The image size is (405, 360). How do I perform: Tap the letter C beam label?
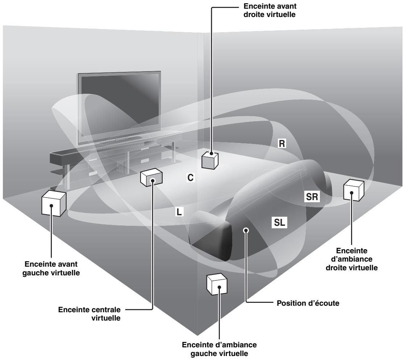[190, 178]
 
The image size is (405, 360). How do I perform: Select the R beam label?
[282, 144]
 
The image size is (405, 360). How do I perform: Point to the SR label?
[312, 197]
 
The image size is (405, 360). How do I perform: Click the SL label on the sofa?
[279, 222]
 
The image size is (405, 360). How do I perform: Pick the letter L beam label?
[179, 212]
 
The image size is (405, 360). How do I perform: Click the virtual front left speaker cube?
[54, 203]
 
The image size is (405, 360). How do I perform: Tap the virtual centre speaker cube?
[151, 177]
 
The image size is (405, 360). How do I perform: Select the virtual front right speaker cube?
[210, 160]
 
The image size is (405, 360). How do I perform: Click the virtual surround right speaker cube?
[354, 190]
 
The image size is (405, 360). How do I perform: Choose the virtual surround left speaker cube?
[217, 284]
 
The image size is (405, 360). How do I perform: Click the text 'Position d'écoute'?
[308, 303]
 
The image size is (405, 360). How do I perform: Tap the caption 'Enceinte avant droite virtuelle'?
[270, 10]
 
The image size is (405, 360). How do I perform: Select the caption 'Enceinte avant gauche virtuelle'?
[51, 268]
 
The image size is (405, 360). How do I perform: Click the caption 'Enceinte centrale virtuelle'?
[89, 314]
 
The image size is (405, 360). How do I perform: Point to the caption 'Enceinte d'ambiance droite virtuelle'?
[351, 259]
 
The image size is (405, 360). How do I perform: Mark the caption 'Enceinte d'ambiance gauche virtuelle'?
[219, 349]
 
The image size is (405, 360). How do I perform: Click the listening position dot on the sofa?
[246, 230]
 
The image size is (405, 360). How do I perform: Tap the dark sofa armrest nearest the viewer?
[211, 234]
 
